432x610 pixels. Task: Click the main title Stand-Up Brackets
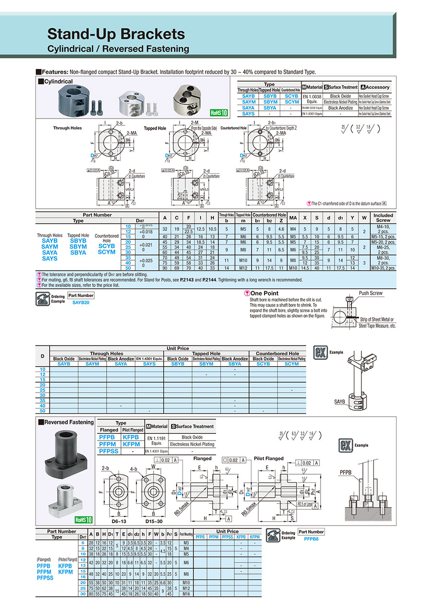tap(116, 34)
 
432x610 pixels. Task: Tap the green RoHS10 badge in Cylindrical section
tap(218, 113)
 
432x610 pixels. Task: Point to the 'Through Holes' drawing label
tap(67, 128)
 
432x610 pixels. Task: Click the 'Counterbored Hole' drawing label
tap(234, 128)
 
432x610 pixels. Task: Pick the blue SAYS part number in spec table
tap(49, 258)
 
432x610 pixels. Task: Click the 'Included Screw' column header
tap(383, 218)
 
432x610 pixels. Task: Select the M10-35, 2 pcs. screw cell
tap(383, 267)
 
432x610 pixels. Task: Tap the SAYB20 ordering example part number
tap(81, 303)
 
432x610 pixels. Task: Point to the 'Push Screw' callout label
tap(370, 292)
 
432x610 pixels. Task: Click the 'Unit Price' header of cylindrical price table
tap(178, 348)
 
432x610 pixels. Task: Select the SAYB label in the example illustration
tap(339, 402)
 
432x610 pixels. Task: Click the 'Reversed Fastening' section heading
tap(69, 422)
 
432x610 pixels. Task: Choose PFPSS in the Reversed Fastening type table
tap(110, 451)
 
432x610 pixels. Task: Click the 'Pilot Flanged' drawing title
tap(268, 458)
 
